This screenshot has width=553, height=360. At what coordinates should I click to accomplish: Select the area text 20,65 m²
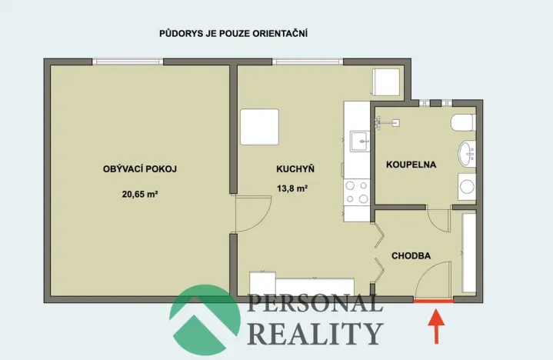pos(139,195)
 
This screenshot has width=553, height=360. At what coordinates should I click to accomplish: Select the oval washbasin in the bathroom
pos(467,153)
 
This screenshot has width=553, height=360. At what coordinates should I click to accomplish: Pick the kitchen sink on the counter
pos(359,140)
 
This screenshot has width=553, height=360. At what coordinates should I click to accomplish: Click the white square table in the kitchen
pos(259,127)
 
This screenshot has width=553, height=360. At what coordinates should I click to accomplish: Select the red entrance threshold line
pos(434,301)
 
